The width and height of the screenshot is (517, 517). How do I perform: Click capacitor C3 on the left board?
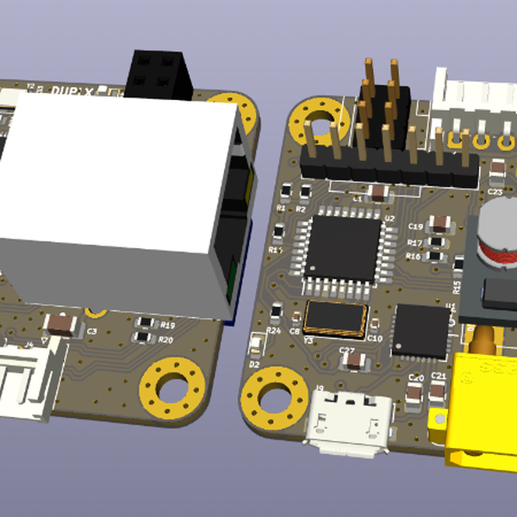pyautogui.click(x=61, y=324)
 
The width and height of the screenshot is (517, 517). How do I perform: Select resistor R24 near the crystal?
pyautogui.click(x=276, y=314)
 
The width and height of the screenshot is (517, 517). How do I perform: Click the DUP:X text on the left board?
pyautogui.click(x=73, y=88)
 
